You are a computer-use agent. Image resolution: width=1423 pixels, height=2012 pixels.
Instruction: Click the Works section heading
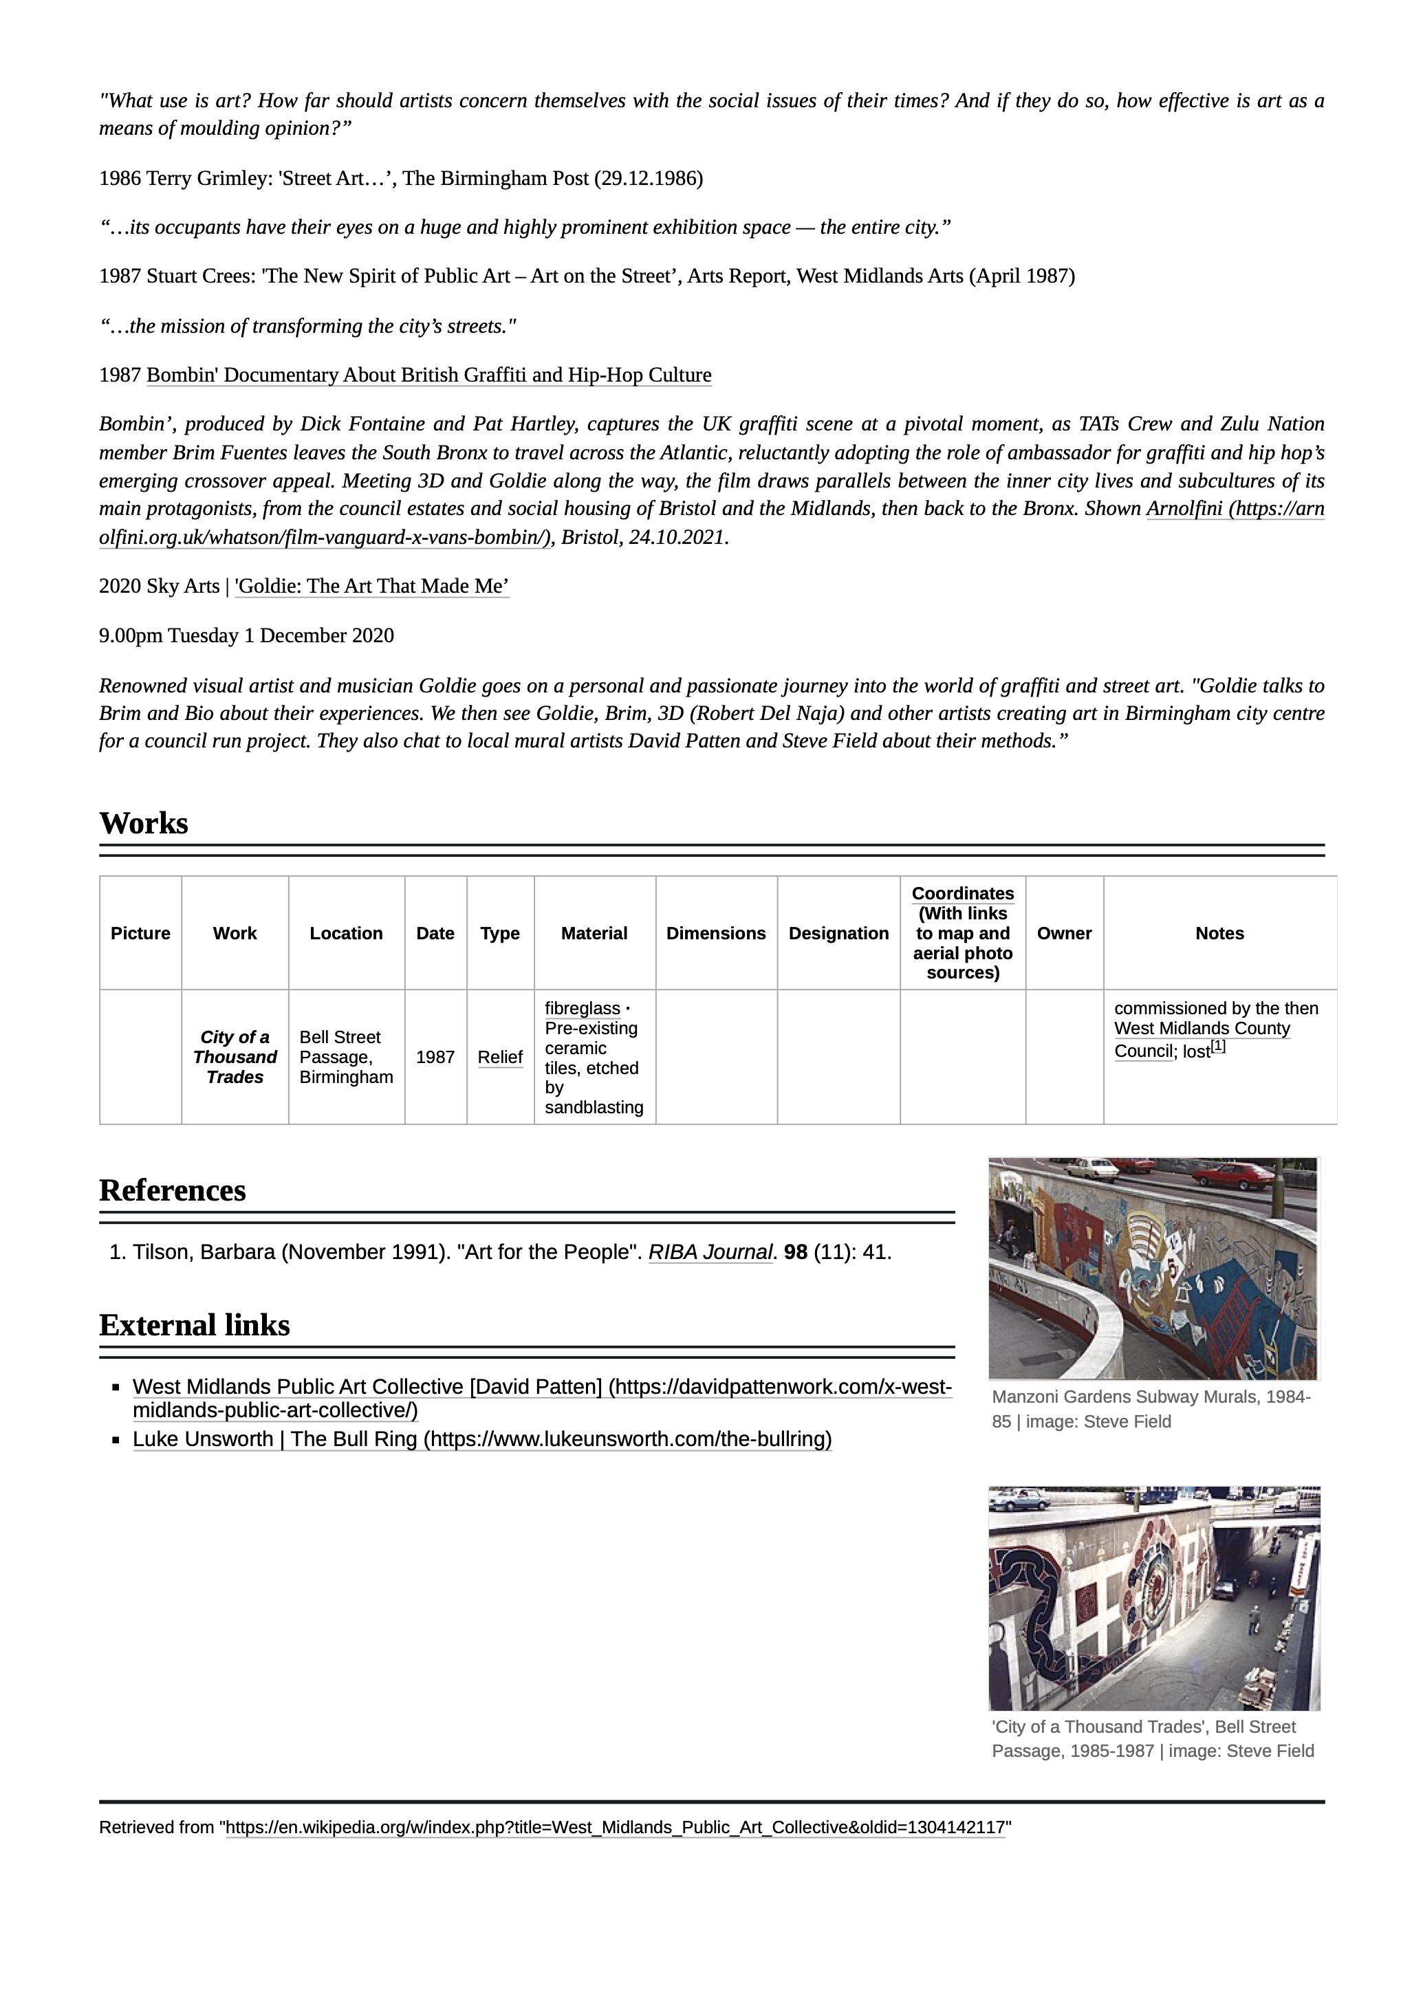pos(144,824)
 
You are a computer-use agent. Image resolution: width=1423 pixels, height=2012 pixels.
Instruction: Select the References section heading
pos(173,1191)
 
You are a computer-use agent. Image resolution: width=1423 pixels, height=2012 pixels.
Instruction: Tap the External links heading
pos(195,1326)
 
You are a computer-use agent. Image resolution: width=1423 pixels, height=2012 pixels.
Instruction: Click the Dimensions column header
pos(716,933)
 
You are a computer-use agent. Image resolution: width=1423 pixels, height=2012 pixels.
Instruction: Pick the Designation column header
pos(838,933)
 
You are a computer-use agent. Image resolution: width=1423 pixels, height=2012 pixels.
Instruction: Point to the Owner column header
pos(1064,933)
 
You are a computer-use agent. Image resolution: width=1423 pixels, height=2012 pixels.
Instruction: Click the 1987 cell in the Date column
pos(435,1058)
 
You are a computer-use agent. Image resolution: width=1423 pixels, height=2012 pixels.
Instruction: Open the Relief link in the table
pos(500,1058)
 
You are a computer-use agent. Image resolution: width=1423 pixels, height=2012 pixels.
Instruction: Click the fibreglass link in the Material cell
pos(582,1009)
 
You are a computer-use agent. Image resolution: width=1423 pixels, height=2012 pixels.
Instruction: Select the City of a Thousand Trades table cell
pos(235,1058)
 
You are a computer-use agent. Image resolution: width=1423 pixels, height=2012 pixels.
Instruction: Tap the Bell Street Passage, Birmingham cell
pos(346,1058)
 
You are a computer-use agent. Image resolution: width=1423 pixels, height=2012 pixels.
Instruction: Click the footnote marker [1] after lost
pos(1218,1047)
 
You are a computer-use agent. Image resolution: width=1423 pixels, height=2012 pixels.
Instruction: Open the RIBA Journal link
pos(710,1253)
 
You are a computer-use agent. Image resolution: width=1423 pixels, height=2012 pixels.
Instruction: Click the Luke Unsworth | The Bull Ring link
pos(482,1440)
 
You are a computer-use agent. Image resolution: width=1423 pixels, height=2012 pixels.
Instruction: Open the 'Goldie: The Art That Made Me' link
pos(372,587)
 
